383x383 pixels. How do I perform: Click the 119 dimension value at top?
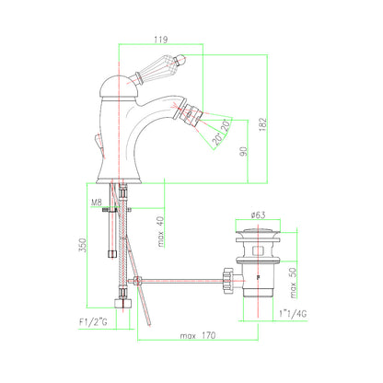[x=161, y=40]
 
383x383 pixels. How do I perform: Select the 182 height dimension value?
[x=263, y=124]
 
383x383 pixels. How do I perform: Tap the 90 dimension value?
[x=244, y=152]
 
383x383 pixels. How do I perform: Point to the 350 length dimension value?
[x=83, y=245]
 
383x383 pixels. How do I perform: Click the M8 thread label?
[x=97, y=203]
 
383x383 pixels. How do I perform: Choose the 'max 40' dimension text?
[x=161, y=232]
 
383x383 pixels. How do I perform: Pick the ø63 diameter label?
[x=258, y=215]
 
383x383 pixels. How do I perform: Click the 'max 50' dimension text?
[x=293, y=283]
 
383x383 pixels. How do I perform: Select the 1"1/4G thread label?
[x=293, y=314]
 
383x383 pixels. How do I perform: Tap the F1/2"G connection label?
[x=93, y=322]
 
